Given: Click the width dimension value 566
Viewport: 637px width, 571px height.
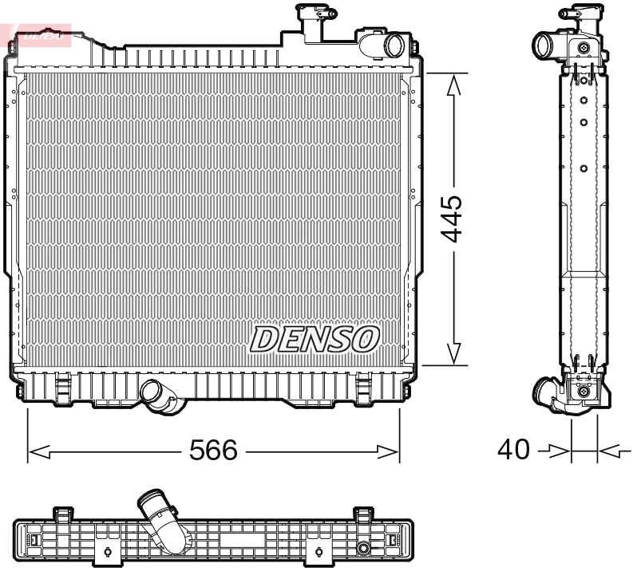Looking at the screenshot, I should (212, 451).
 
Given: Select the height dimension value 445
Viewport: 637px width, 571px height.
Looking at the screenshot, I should (452, 218).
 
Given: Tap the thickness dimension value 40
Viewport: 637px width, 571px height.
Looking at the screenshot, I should (513, 450).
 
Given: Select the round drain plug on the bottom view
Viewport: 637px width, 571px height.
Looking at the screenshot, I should (364, 548).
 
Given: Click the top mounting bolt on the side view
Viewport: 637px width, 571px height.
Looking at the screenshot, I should (586, 49).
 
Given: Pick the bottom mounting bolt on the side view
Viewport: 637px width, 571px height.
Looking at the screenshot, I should (585, 391).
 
